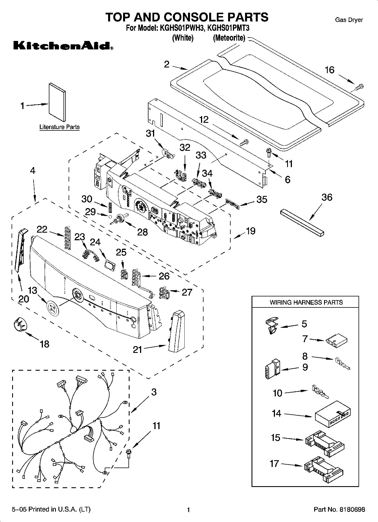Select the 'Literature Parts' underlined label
pos(59,127)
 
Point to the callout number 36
pos(327,197)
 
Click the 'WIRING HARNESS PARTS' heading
pos(306,302)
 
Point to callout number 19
pos(250,231)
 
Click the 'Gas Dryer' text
pos(349,20)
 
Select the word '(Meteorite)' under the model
pos(229,38)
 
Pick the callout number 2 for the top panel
pos(167,64)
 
